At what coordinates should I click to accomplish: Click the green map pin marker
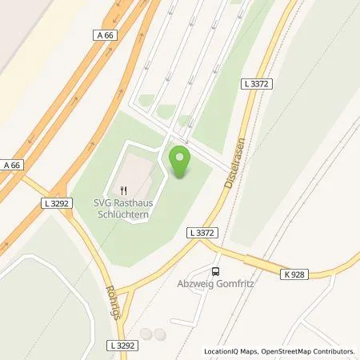pos(181,162)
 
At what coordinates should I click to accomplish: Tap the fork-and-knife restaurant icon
pos(123,190)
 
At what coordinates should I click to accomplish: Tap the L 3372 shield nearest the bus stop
pos(203,232)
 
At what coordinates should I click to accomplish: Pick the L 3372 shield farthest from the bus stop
pos(256,82)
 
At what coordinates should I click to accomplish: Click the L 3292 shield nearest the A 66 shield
pos(54,203)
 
